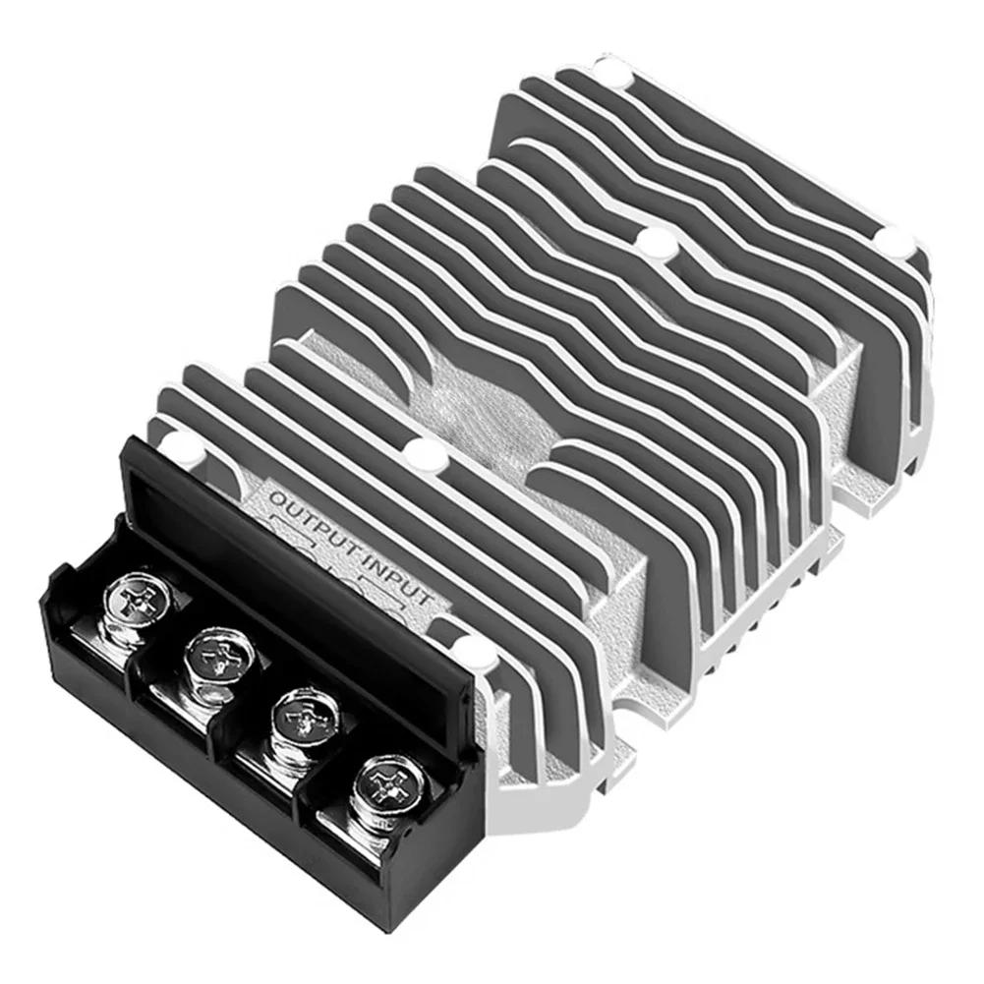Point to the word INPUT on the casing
[399, 579]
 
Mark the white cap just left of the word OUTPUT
[183, 448]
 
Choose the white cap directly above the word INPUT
[426, 453]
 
